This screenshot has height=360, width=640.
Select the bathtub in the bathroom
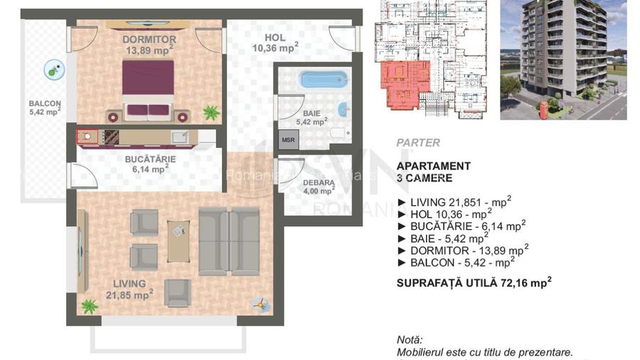click(x=324, y=78)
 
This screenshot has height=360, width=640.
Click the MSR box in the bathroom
click(x=288, y=140)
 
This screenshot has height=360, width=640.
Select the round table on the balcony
click(x=53, y=69)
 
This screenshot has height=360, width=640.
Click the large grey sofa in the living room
click(x=229, y=241)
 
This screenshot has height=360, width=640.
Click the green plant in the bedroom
click(x=210, y=112)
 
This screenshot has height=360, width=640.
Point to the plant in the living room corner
click(x=89, y=307)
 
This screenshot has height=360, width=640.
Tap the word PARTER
click(x=418, y=142)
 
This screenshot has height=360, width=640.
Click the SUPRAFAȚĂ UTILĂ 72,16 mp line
click(x=474, y=282)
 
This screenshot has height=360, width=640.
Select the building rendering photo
click(x=562, y=59)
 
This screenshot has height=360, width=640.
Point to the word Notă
click(x=410, y=340)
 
